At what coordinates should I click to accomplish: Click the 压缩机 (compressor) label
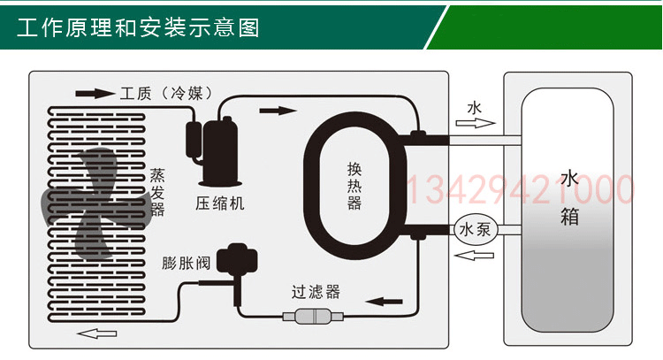click(x=220, y=204)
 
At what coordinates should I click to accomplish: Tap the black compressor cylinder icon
click(x=210, y=142)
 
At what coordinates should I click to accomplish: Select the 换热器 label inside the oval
click(x=354, y=185)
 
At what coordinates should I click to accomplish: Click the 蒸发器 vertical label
click(x=157, y=191)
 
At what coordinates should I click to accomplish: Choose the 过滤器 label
click(x=316, y=292)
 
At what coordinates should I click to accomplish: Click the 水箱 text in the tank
click(x=569, y=197)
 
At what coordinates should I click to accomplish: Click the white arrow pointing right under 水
click(x=475, y=124)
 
